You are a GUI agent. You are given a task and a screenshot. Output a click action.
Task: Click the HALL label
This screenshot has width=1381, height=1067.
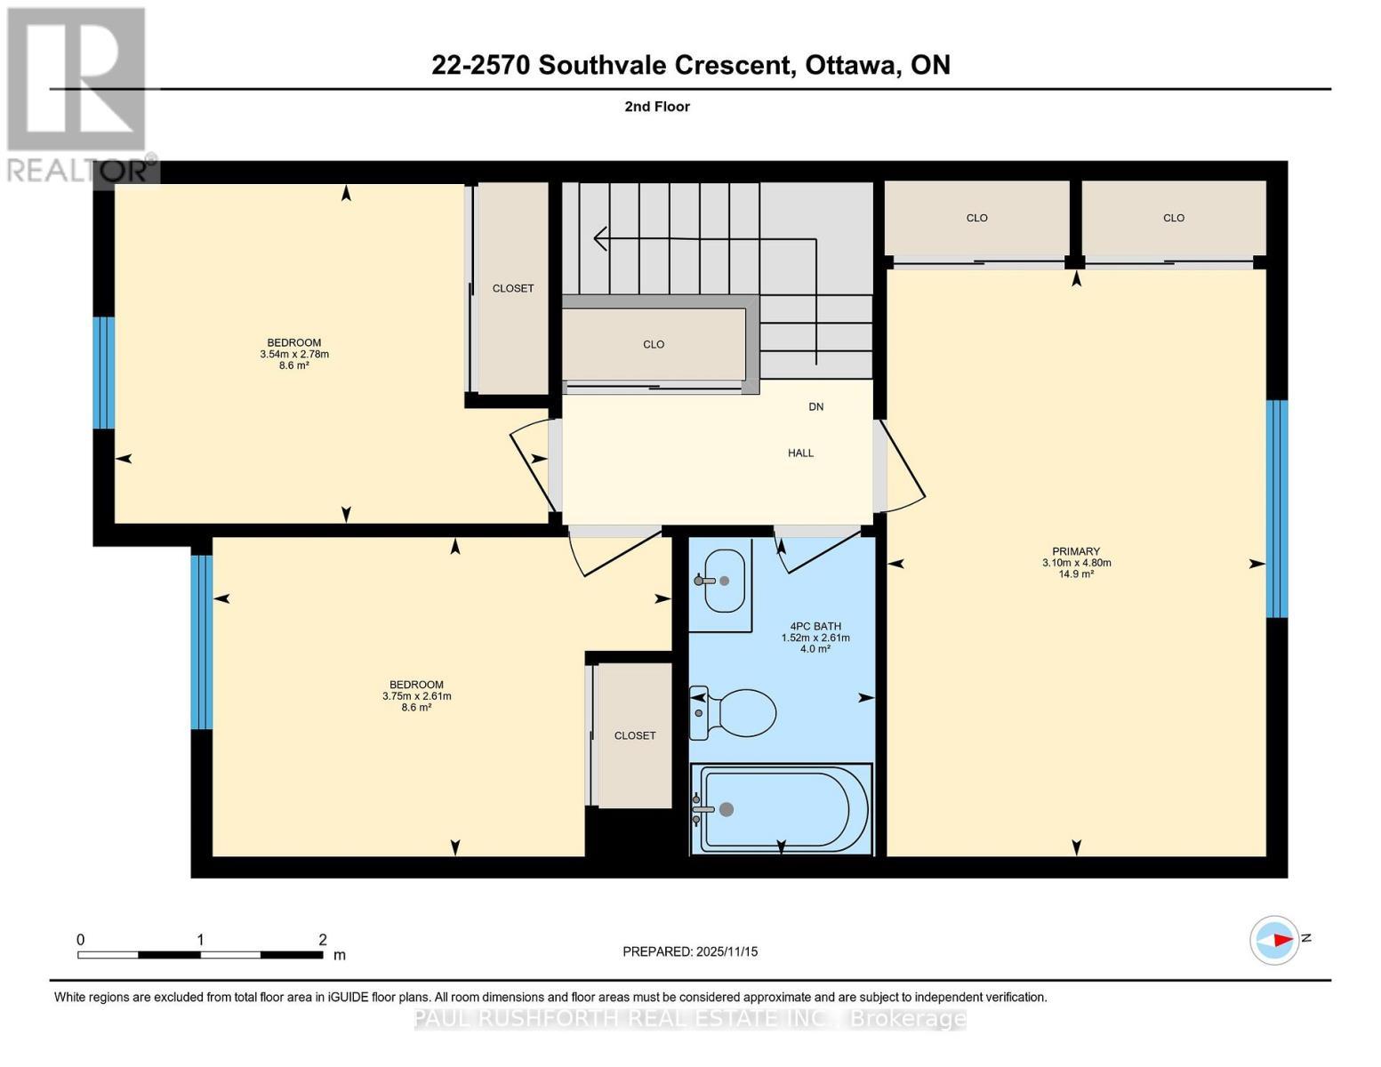pyautogui.click(x=800, y=453)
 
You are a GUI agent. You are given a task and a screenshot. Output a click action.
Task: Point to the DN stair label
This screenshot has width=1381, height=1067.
pyautogui.click(x=815, y=407)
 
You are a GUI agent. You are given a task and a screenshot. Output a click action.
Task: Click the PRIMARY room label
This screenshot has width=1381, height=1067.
pyautogui.click(x=1076, y=551)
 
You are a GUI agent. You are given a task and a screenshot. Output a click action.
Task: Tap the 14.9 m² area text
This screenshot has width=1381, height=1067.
pyautogui.click(x=1076, y=574)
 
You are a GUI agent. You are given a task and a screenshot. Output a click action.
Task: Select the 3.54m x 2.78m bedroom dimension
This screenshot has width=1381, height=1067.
pyautogui.click(x=293, y=354)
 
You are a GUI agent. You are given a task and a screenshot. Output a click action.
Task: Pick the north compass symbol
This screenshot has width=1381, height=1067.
pyautogui.click(x=1274, y=939)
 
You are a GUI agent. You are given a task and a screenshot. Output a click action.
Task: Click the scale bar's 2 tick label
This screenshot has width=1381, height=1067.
pyautogui.click(x=323, y=940)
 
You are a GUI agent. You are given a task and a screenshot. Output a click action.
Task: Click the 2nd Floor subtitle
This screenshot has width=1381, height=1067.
pyautogui.click(x=657, y=107)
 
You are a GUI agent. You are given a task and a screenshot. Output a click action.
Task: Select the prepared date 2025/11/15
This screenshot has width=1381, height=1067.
pyautogui.click(x=690, y=951)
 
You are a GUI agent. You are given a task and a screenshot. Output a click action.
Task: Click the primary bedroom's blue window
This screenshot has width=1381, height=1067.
pyautogui.click(x=1276, y=509)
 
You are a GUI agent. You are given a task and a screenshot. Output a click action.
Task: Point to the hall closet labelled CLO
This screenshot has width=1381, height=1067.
pyautogui.click(x=654, y=345)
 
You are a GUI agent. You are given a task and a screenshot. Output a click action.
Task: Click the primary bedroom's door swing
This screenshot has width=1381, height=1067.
pyautogui.click(x=903, y=467)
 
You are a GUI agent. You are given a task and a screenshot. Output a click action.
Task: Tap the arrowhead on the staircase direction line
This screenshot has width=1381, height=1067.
pyautogui.click(x=599, y=238)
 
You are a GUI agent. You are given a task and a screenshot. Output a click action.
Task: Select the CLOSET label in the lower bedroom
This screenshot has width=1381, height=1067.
pyautogui.click(x=635, y=736)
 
